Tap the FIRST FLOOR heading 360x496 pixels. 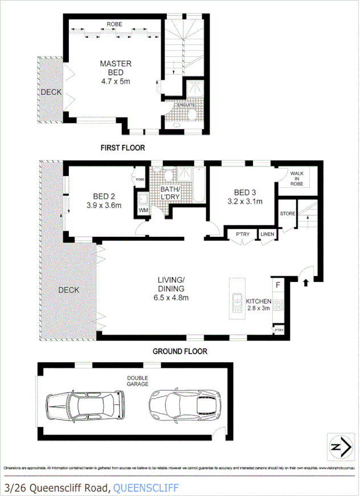point(122,147)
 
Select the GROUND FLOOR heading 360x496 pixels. point(179,351)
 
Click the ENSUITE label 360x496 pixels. point(185,105)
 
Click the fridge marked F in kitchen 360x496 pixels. point(279,284)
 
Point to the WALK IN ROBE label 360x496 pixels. point(297,178)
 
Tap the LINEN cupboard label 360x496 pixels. point(267,235)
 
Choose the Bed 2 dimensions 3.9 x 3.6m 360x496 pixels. point(104,206)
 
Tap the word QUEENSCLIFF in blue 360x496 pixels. point(146,487)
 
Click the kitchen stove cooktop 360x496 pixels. point(279,305)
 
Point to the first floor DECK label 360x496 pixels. point(50,92)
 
